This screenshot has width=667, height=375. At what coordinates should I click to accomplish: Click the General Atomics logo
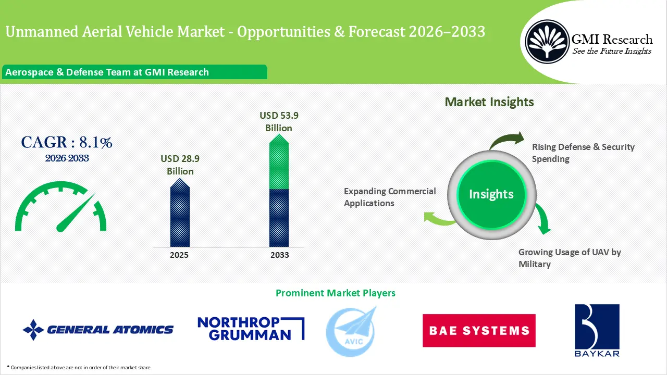pos(98,330)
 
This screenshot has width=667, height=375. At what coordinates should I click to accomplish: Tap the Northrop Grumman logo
pos(251,329)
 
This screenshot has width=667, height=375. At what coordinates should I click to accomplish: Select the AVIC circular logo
pos(351,332)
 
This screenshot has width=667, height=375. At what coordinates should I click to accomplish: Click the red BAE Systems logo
pos(479,330)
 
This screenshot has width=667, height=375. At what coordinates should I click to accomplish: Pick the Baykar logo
pos(597,330)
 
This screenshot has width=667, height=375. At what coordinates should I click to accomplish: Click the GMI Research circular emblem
pos(547,42)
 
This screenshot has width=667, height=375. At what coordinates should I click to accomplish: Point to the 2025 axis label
pos(179,255)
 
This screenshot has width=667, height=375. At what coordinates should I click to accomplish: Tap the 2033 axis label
pos(280,255)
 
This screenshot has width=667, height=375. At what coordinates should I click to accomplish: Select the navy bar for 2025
pos(180,213)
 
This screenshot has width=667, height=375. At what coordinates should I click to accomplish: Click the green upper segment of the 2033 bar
pos(279,162)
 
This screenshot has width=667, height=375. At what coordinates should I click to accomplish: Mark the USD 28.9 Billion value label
pos(180,165)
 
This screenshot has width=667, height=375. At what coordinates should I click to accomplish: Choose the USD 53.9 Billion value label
pos(279,121)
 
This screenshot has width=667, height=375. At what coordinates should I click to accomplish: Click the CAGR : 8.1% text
pos(67,142)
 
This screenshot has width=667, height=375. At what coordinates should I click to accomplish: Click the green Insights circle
pos(491,195)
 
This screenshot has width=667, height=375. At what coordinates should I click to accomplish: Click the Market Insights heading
pos(489,102)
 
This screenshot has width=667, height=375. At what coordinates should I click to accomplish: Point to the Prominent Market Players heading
pos(335,293)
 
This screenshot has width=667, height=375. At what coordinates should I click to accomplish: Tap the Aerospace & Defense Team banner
pos(134,72)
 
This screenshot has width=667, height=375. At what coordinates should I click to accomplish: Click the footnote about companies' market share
pos(79,368)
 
